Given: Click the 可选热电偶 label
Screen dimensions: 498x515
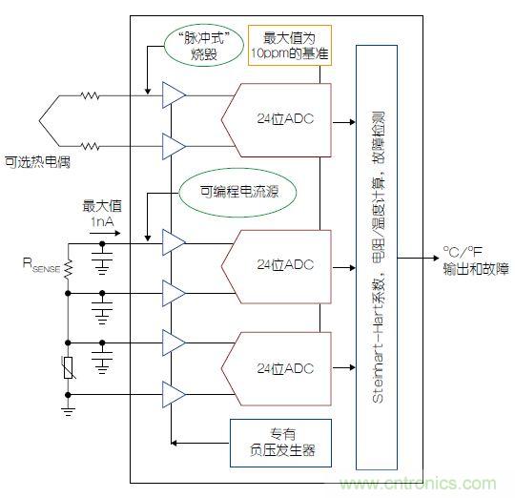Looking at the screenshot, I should click(38, 162).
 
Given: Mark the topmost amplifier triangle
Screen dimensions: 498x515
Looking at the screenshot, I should click(174, 93).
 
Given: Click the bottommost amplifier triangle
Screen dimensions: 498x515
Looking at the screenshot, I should click(174, 392).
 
